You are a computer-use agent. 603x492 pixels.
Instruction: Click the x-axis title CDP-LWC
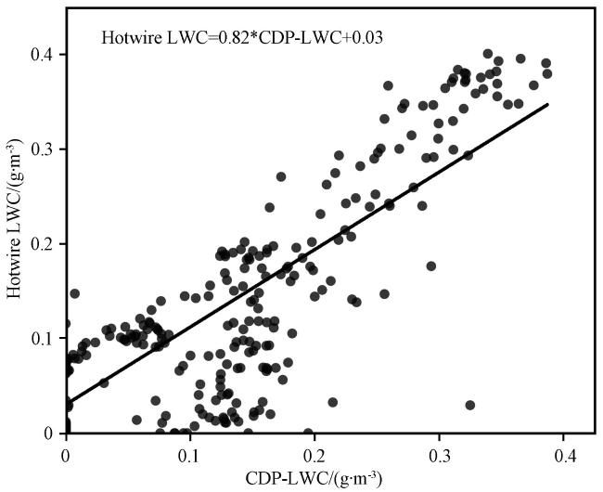coord(314,479)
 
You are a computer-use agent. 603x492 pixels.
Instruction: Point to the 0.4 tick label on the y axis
coord(42,54)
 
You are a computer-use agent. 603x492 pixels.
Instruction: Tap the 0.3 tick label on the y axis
coord(42,149)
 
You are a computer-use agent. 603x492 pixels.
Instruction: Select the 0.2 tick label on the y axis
coord(42,243)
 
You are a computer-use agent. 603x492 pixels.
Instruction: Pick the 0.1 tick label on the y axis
coord(42,338)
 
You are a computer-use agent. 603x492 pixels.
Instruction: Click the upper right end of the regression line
coord(548,104)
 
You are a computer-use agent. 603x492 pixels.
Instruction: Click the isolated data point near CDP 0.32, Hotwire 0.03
coord(470,405)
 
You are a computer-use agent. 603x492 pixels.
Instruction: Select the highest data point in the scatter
coord(488,54)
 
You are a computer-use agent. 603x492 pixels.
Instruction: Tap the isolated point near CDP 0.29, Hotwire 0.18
coord(431,266)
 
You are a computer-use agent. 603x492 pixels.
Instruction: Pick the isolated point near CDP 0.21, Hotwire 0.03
coord(332,402)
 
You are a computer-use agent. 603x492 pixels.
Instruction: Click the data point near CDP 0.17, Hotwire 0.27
coord(281,176)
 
